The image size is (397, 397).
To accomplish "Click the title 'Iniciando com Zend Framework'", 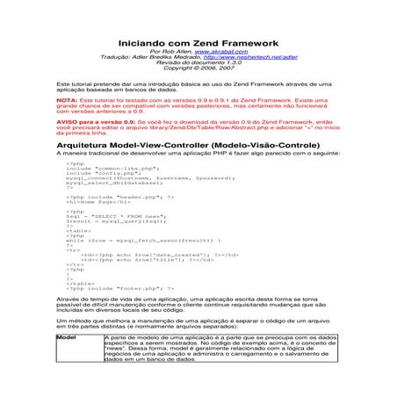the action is click(198, 40).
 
